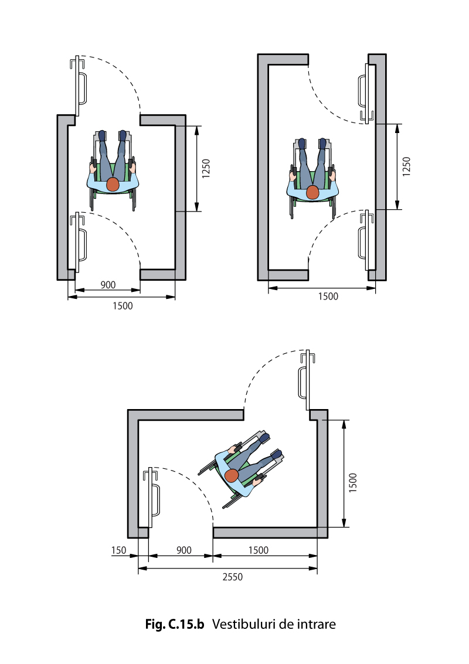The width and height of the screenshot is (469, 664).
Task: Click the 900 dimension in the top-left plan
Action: (108, 285)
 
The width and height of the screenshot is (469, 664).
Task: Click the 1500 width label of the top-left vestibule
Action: (123, 306)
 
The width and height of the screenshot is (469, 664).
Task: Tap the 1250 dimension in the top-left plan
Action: (206, 169)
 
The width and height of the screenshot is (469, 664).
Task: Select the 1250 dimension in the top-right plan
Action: (406, 167)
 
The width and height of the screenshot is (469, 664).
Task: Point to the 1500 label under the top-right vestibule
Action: (328, 297)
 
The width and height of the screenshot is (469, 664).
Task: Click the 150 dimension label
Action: (118, 550)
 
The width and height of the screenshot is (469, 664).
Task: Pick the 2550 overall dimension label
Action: (233, 577)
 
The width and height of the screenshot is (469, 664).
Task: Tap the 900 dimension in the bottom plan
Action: (184, 550)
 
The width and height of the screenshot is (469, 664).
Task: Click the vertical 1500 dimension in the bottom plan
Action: (353, 482)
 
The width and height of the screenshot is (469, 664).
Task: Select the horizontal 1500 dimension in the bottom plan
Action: (259, 550)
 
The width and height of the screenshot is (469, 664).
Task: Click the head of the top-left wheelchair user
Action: (113, 185)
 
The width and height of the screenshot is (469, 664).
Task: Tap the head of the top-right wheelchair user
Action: (312, 192)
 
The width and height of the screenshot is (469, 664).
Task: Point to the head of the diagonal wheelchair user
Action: (232, 475)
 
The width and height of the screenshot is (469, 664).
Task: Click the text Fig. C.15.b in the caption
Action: (175, 624)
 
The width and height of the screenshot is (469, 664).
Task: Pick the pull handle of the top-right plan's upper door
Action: (362, 91)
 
